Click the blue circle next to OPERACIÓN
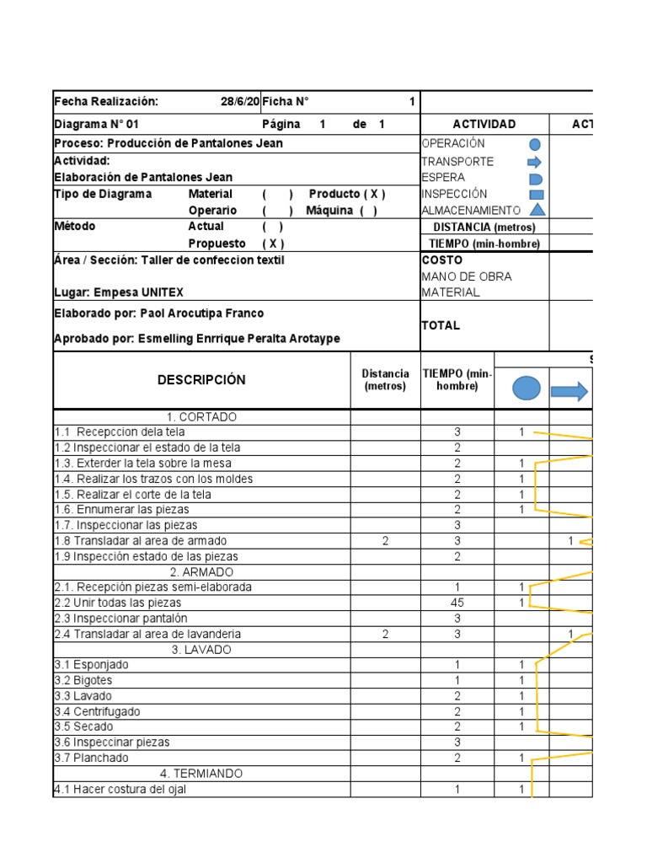click(x=534, y=145)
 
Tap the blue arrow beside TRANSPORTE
click(x=535, y=162)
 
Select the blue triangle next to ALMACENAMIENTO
click(x=536, y=210)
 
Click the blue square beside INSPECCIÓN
click(x=536, y=194)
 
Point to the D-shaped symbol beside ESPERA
click(x=535, y=179)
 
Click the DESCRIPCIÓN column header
click(x=201, y=380)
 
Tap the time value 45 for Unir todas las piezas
click(x=457, y=603)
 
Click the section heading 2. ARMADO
click(x=201, y=571)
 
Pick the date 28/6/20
click(x=240, y=102)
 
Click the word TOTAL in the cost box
click(x=441, y=325)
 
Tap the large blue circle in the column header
click(x=527, y=389)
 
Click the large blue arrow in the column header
click(x=569, y=390)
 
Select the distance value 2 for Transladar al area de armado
click(x=385, y=541)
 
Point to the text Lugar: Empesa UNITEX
click(x=119, y=292)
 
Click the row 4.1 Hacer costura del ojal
click(x=120, y=790)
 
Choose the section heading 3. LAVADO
click(x=201, y=650)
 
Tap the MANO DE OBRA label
click(x=467, y=276)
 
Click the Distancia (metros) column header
click(x=385, y=380)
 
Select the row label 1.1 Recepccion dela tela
click(x=120, y=432)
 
